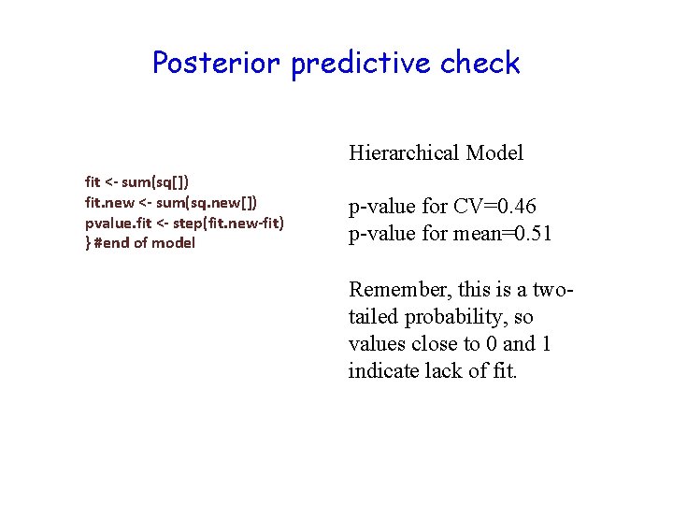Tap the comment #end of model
145,242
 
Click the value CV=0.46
517,207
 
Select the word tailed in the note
373,316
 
